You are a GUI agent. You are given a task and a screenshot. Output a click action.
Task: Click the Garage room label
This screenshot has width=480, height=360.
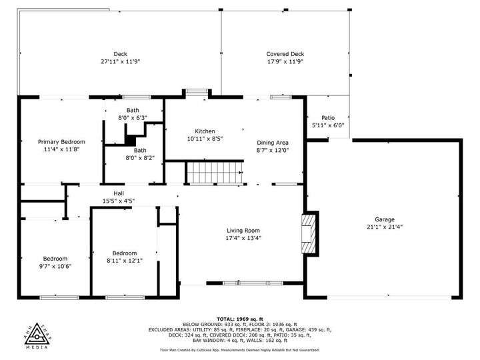(385, 219)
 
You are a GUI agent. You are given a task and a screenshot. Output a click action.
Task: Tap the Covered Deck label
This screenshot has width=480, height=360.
(285, 54)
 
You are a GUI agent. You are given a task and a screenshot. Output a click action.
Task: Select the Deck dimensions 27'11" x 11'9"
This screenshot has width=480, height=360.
(120, 61)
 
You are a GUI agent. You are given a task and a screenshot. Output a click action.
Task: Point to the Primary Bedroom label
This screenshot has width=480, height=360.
(61, 142)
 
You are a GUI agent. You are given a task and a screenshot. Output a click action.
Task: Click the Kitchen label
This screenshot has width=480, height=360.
(205, 131)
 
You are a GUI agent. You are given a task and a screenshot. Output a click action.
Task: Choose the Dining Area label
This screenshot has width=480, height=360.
(273, 143)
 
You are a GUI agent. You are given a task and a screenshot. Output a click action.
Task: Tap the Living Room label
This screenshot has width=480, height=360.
(243, 231)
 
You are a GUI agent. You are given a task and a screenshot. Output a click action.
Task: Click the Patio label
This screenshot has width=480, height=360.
(328, 117)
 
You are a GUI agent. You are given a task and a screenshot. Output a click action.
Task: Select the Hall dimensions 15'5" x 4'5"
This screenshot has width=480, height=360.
(119, 201)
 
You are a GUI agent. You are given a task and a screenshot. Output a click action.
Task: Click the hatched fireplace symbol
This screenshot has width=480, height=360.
(308, 233)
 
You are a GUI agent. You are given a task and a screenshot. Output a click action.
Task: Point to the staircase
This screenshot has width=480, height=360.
(215, 173)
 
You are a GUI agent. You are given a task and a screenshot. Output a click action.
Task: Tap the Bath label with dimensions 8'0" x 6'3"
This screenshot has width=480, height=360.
(133, 110)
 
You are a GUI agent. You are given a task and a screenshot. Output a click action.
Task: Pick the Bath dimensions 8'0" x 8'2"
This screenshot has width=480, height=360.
(140, 158)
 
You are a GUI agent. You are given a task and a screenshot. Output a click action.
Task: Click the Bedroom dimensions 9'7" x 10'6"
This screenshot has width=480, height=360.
(55, 266)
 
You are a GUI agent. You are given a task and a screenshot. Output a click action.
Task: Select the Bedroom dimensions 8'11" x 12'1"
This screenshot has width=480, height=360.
(125, 261)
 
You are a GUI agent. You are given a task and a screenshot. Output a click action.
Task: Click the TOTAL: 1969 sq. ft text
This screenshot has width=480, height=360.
(240, 319)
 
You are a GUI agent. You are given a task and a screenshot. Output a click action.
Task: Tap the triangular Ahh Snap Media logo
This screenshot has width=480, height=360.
(37, 335)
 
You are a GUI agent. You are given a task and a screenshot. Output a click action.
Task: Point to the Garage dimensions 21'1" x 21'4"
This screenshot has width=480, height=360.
(385, 227)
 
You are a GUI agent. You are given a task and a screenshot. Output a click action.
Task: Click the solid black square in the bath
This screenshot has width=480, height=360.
(130, 141)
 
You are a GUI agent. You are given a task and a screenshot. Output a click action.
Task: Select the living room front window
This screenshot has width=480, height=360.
(253, 283)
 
